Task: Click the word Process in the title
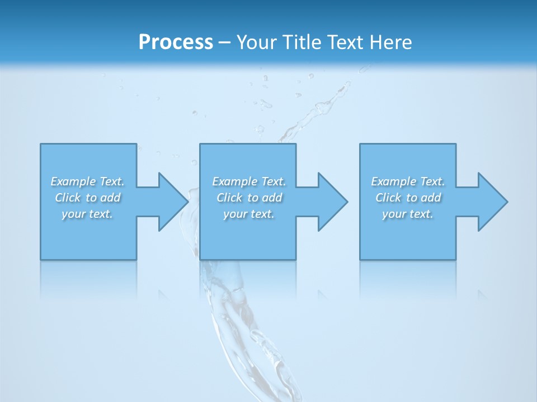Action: point(176,42)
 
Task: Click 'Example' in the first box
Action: point(72,181)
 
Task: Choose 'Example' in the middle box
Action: point(234,181)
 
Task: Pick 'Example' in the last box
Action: point(393,181)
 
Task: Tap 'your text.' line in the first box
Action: point(87,214)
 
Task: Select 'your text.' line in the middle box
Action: point(249,214)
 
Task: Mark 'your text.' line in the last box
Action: point(408,214)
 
